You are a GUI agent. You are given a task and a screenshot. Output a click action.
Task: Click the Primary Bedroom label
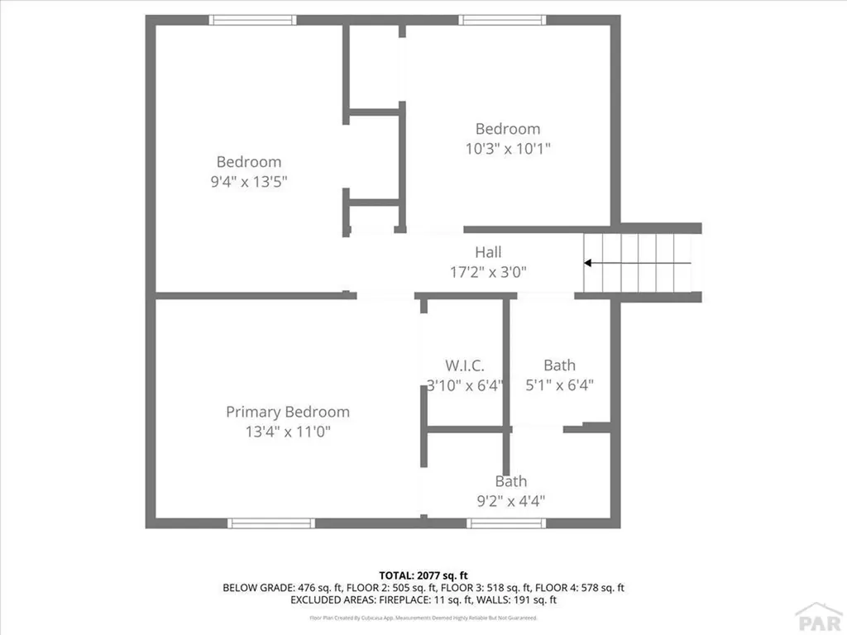click(288, 412)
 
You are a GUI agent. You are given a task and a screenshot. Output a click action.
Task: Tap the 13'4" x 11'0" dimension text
click(288, 432)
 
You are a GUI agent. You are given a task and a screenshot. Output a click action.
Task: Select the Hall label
click(488, 252)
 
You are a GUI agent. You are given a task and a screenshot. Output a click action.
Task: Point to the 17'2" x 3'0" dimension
click(488, 271)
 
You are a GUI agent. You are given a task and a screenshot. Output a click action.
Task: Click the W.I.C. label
click(464, 365)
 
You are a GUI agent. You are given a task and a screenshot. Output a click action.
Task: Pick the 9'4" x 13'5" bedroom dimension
click(249, 181)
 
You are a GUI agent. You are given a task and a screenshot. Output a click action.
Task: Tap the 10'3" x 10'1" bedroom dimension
click(508, 149)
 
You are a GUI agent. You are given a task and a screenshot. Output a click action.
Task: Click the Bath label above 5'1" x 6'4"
click(560, 365)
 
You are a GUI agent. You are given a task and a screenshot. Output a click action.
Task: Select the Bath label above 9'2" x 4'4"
click(511, 481)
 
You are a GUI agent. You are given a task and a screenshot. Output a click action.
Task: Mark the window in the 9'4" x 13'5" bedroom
click(252, 20)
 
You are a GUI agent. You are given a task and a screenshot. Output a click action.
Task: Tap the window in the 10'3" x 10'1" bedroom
click(503, 20)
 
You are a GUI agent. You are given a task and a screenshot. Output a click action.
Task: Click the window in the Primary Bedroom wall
click(271, 523)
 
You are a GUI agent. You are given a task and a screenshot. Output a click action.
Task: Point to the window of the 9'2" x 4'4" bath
click(506, 523)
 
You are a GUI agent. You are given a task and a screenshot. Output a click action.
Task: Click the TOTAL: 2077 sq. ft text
click(423, 575)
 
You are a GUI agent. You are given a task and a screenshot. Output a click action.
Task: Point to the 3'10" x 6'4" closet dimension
click(464, 384)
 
